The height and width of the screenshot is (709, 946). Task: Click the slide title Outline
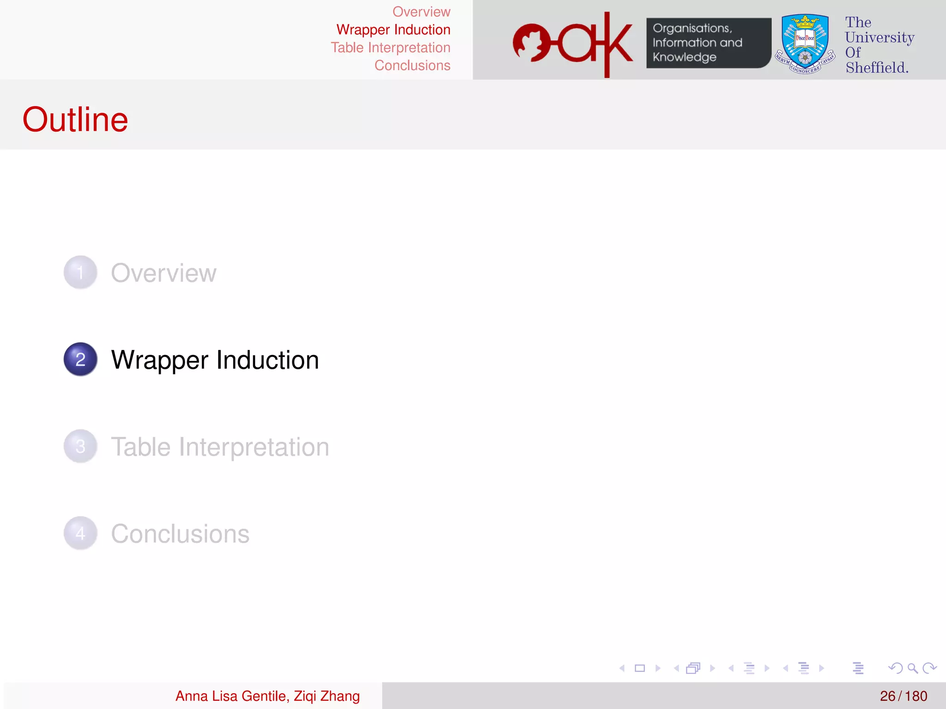tap(75, 120)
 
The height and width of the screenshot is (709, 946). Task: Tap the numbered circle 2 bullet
tap(80, 359)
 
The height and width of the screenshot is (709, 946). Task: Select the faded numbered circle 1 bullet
tap(80, 272)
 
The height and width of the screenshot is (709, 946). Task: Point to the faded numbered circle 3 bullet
tap(80, 446)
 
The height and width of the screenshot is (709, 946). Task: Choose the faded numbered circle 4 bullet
tap(80, 533)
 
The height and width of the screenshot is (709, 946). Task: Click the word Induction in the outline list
tap(268, 360)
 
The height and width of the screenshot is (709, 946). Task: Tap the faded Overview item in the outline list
tap(164, 273)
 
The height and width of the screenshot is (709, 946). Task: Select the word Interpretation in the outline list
tap(254, 447)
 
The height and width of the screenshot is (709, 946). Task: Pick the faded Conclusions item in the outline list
tap(180, 534)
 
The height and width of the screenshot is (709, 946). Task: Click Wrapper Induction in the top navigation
tap(393, 30)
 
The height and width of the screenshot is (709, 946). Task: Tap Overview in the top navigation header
tap(421, 12)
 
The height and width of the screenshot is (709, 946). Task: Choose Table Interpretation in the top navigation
tap(390, 48)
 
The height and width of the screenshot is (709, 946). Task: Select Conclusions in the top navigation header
tap(412, 66)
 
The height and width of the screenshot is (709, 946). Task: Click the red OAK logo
tap(573, 44)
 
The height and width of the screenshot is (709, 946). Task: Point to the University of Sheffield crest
tap(805, 44)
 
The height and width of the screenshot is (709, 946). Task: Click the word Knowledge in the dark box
tap(685, 57)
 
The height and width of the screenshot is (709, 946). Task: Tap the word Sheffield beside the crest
tap(877, 68)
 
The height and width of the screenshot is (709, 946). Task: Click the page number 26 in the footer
tap(887, 696)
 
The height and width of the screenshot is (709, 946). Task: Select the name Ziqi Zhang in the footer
tap(327, 696)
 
